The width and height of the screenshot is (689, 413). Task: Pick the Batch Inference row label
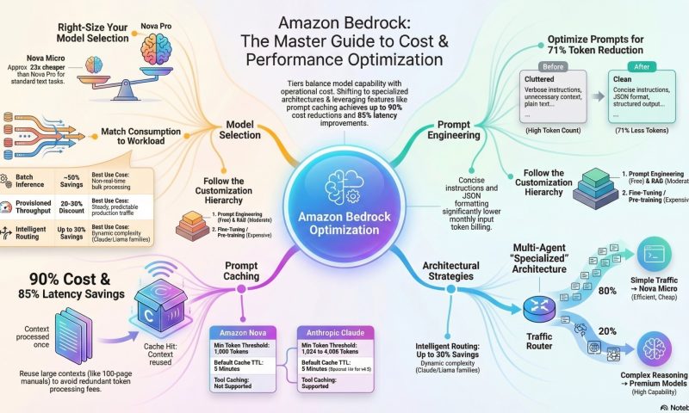click(29, 181)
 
